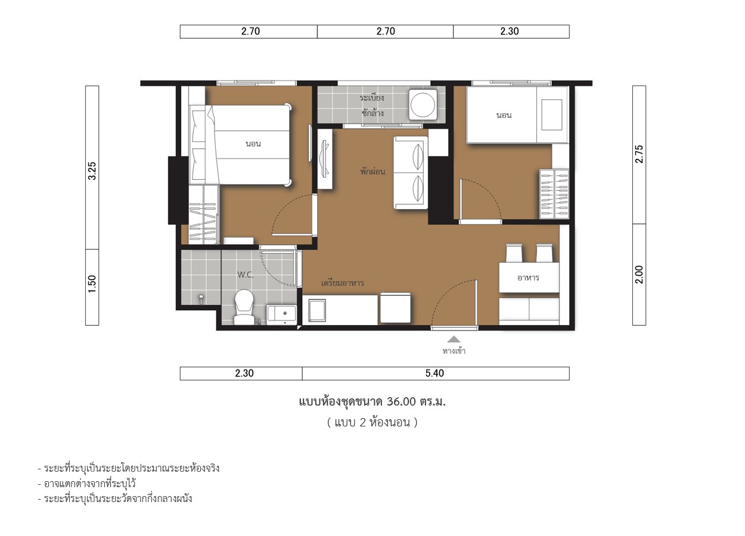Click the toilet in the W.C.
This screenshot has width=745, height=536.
coord(244,307)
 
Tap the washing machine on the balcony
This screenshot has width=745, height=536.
coord(423,105)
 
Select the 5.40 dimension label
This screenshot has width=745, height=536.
coord(434,373)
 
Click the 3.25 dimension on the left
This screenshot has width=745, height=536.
coord(92,171)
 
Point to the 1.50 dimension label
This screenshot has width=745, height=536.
coord(92,284)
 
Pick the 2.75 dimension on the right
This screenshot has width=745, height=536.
coord(639,154)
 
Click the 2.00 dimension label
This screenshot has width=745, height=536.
coord(639,275)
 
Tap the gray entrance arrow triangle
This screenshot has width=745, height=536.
coord(454,339)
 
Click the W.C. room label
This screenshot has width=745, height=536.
coord(246,275)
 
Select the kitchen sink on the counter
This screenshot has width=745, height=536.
coord(317,310)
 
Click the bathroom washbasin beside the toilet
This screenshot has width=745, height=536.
coord(282,314)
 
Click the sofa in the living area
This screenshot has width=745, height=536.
coord(411,173)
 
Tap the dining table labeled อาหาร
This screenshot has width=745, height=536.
coord(529,278)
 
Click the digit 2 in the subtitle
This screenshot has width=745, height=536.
coord(363,422)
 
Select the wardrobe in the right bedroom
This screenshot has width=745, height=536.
coord(554,194)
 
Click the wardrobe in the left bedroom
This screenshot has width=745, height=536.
coord(204,214)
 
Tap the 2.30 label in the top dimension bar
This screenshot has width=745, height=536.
coord(510,31)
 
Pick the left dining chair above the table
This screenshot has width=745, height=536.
coord(514,253)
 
